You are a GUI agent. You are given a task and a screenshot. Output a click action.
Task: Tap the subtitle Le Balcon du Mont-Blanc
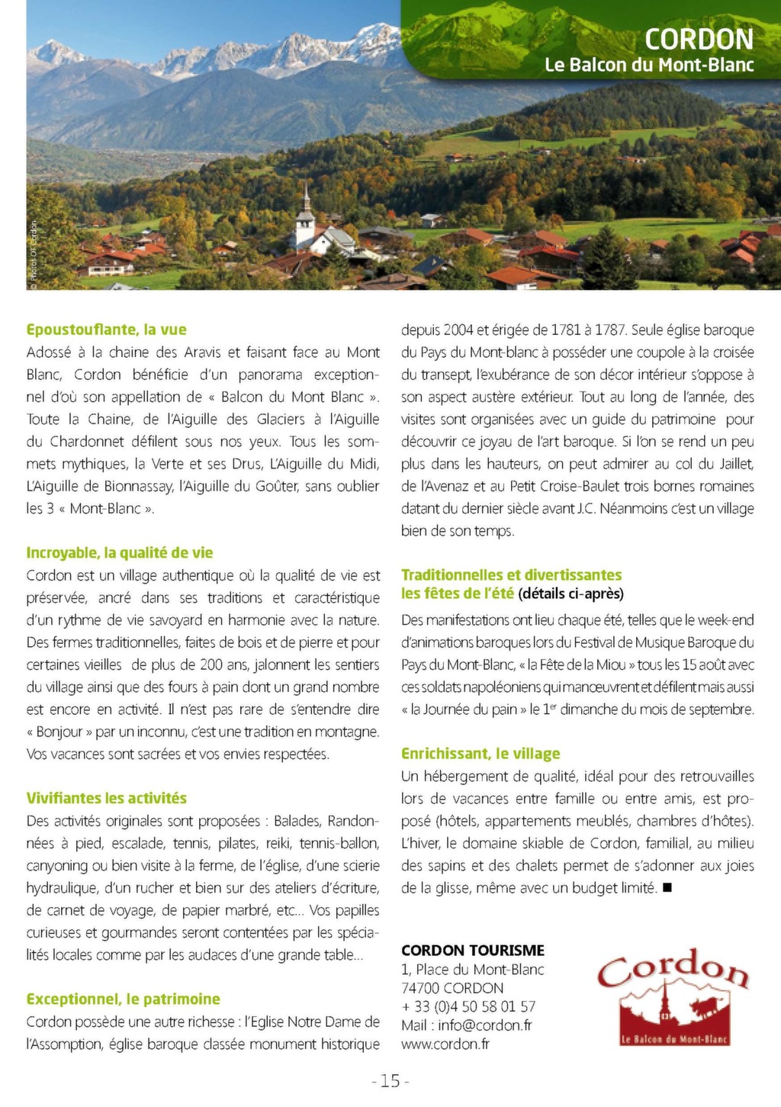[648, 65]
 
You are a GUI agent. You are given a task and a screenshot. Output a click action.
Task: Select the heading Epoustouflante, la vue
[106, 330]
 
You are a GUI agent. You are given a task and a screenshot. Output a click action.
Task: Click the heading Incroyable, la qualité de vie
[119, 552]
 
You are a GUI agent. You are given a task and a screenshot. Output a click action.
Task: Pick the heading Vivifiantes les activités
[106, 798]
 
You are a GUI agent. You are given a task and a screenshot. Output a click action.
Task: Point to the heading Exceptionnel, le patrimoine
[123, 999]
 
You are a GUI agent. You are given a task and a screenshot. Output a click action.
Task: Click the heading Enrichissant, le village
[480, 754]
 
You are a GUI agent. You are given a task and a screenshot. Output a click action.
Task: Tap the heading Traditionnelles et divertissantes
[511, 574]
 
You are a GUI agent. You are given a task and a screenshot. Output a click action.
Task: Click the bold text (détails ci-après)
[570, 594]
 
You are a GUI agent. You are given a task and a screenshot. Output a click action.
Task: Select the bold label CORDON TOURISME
[473, 950]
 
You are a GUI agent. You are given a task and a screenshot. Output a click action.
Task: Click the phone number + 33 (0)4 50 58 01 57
[468, 1006]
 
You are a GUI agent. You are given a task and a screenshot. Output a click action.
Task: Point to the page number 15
[390, 1081]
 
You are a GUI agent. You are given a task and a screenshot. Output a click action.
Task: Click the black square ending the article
[667, 887]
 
